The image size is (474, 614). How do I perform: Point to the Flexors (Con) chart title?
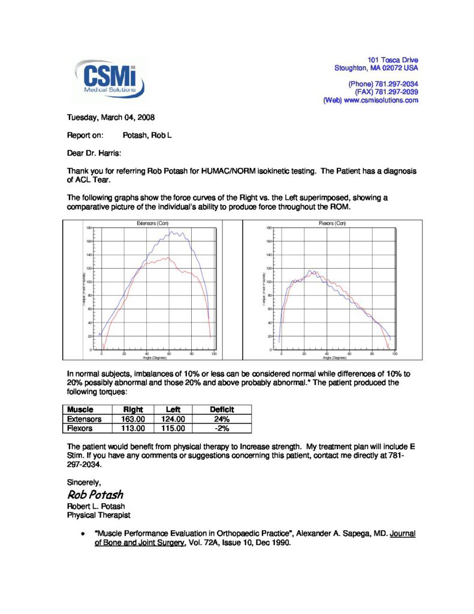point(333,223)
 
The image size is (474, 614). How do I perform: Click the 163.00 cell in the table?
point(132,419)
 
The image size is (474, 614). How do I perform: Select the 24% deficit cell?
point(222,419)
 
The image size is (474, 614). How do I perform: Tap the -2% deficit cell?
point(222,429)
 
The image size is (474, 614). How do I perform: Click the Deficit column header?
point(222,410)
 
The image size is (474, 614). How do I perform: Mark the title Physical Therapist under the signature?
point(94,514)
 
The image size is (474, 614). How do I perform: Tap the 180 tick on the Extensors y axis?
point(88,228)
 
